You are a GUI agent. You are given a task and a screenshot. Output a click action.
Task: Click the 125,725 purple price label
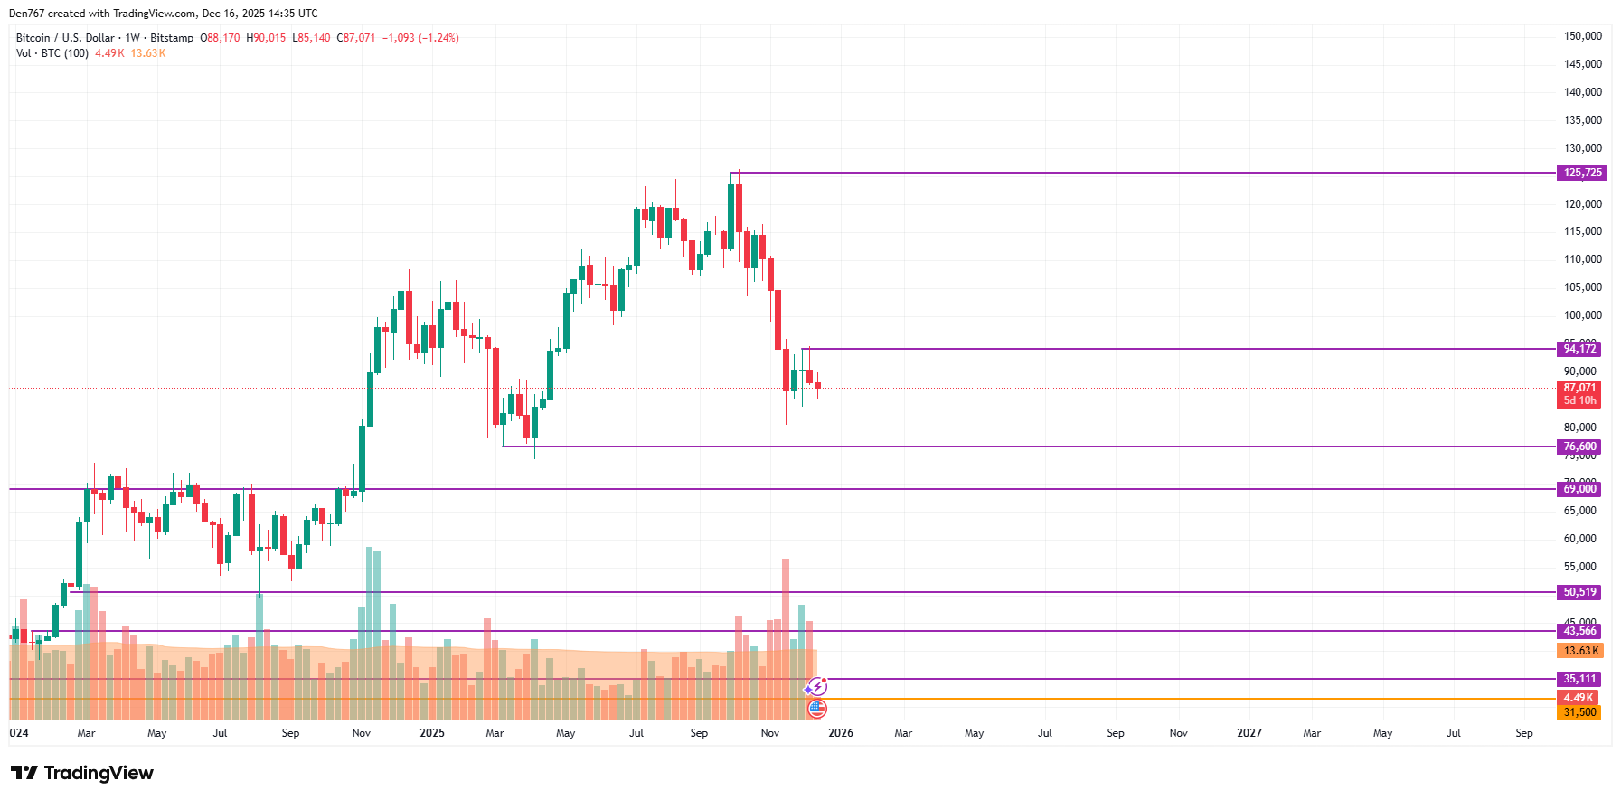(1580, 173)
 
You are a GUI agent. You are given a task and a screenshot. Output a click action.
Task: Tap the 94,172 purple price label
(1580, 349)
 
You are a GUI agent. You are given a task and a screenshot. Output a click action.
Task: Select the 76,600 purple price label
(1580, 447)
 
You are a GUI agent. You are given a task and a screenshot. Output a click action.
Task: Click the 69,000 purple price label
(1580, 489)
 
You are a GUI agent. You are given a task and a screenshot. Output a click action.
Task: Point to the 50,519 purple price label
(1580, 592)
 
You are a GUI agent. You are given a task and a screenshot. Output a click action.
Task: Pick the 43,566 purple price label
(1580, 631)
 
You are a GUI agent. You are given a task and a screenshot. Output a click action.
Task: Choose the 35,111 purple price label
(1580, 679)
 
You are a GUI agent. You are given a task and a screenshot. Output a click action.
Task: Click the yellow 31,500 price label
(1579, 712)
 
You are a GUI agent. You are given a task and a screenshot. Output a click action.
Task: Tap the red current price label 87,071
(1579, 388)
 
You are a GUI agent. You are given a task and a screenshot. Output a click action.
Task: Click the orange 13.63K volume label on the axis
(1581, 651)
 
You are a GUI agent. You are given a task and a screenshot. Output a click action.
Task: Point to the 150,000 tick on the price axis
(1583, 36)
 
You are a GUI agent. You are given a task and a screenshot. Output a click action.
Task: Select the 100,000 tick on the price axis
(1583, 315)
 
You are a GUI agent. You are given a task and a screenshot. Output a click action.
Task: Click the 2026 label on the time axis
(841, 733)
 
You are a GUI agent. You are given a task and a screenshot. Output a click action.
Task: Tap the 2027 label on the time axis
(1249, 733)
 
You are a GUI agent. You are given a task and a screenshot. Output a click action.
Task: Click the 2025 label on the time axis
(432, 733)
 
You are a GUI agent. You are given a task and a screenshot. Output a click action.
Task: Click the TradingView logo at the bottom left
(82, 773)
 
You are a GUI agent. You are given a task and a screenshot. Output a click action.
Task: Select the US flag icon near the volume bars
(816, 709)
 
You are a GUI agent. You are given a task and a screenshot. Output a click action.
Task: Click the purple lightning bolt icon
(817, 687)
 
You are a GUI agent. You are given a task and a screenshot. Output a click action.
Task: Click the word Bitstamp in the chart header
(172, 38)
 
